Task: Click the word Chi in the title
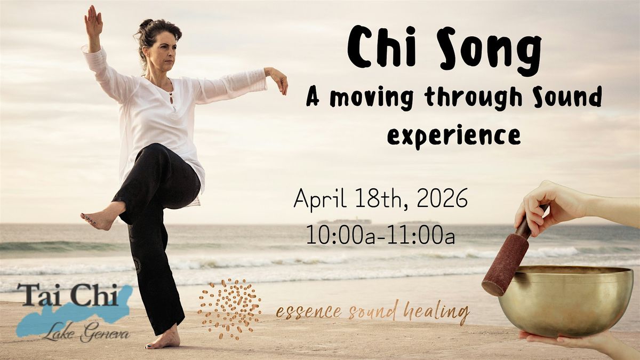pos(381,46)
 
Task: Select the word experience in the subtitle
pos(454,136)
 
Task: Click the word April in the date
pos(320,199)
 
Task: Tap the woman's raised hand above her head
pos(93,21)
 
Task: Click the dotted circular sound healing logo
pos(229,309)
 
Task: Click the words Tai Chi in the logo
pos(68,294)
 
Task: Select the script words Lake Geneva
pos(86,333)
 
